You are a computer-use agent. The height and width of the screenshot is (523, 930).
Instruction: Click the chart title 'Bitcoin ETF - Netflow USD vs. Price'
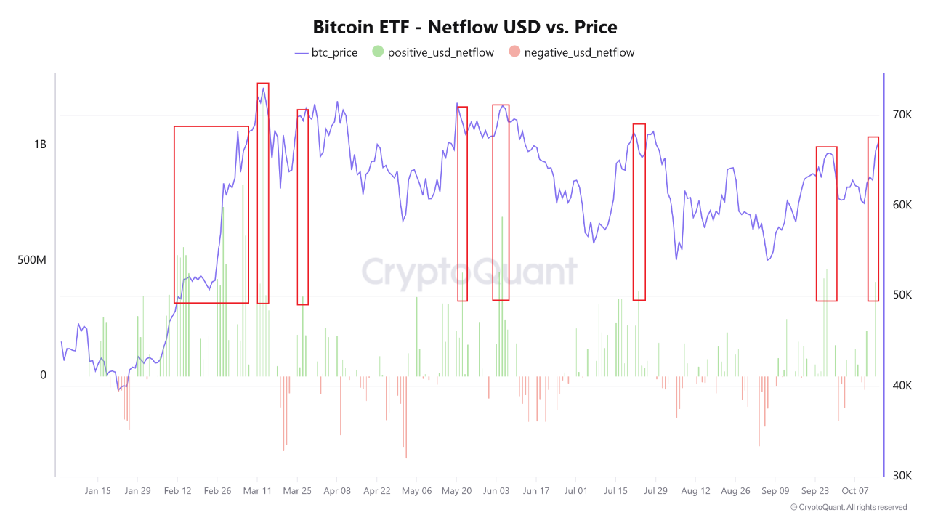(x=465, y=28)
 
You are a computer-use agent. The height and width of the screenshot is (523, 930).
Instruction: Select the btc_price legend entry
(x=326, y=52)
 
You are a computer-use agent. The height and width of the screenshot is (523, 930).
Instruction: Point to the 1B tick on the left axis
(x=39, y=145)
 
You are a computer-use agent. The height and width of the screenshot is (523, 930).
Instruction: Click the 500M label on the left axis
(x=32, y=259)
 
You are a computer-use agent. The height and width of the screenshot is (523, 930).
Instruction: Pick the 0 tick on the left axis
(x=43, y=375)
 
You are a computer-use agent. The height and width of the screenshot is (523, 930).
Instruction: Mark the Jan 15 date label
(x=97, y=491)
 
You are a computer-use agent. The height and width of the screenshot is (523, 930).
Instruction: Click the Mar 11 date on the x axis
(x=257, y=491)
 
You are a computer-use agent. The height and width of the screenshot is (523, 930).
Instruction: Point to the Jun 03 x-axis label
(x=496, y=491)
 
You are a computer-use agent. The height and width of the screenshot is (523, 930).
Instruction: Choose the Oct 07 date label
(x=855, y=491)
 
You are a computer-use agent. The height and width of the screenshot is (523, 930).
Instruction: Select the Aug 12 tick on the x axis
(x=695, y=491)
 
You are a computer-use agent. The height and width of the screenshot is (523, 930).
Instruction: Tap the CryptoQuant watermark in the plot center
(x=469, y=272)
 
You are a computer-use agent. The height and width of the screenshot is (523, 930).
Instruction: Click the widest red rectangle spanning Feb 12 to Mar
(x=211, y=214)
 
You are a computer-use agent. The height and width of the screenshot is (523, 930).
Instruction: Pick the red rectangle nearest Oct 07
(x=873, y=219)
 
